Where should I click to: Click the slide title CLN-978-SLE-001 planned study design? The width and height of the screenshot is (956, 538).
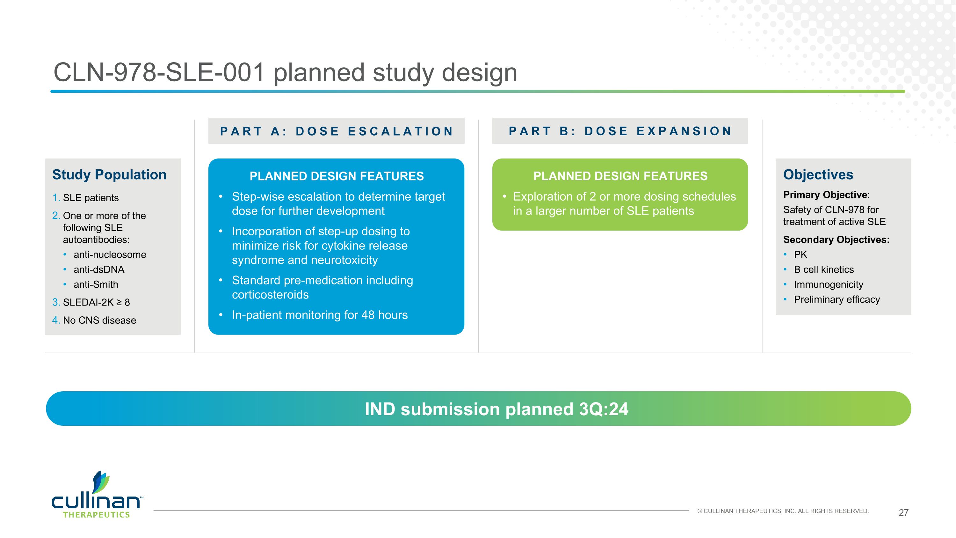coord(285,72)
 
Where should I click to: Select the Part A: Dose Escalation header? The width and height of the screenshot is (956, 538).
coord(336,131)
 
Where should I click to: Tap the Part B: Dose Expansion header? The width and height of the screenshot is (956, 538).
coord(620,131)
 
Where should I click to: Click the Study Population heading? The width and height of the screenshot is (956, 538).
coord(109,174)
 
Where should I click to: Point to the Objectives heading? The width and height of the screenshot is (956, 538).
coord(818,174)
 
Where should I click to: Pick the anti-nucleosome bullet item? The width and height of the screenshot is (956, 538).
coord(110,255)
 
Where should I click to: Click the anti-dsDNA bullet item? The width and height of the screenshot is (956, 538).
coord(99,269)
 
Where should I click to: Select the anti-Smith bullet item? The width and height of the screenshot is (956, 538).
coord(96,284)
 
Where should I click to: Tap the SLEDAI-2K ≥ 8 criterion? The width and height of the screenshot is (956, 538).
coord(96,302)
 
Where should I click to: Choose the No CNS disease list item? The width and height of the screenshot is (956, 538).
coord(99,320)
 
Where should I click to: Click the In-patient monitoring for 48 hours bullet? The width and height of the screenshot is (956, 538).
coord(320,315)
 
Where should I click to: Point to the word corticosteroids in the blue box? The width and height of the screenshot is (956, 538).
coord(270,295)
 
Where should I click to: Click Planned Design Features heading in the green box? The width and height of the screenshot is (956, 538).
coord(620,176)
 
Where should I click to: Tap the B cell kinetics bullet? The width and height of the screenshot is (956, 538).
coord(823,269)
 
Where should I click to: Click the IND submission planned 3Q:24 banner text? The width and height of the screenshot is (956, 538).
coord(496,409)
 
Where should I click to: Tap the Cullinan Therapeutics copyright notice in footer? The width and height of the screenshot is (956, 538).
coord(783,511)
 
